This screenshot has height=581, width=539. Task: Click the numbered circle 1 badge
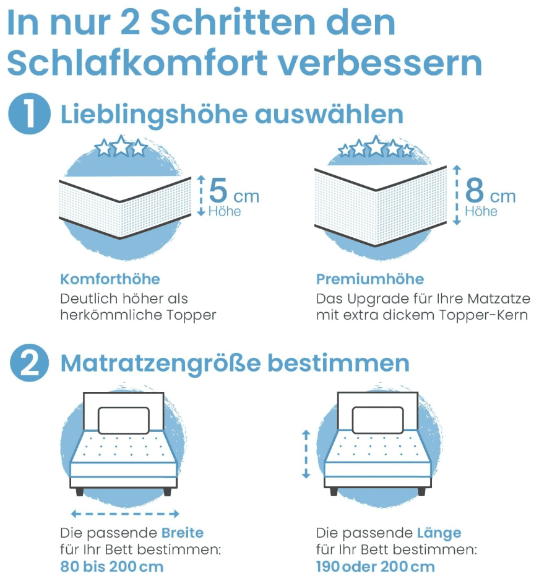coord(29,113)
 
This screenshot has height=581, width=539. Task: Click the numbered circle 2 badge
coord(29,363)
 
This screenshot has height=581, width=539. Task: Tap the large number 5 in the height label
coord(218,190)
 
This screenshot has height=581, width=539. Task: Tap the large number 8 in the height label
coord(475,190)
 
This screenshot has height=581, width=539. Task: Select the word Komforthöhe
coord(110,279)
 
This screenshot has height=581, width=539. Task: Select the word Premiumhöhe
coord(370,279)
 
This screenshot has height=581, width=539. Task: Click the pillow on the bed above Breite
coord(124,420)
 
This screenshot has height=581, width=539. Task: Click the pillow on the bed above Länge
coord(378,420)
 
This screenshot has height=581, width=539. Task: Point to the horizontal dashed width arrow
coord(125,513)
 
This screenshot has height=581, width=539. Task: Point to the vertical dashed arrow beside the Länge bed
coord(306,454)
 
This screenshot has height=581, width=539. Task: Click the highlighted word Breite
coord(183,533)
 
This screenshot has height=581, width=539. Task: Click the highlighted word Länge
coord(439,533)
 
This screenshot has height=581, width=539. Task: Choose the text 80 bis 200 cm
coord(112,567)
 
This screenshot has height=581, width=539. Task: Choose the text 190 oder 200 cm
coord(376,567)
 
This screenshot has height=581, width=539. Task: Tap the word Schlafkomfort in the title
coord(137,62)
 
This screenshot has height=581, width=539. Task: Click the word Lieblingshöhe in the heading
coord(154,115)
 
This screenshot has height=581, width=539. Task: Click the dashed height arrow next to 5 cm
coord(201,195)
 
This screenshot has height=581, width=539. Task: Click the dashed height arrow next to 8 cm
coord(457,195)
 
